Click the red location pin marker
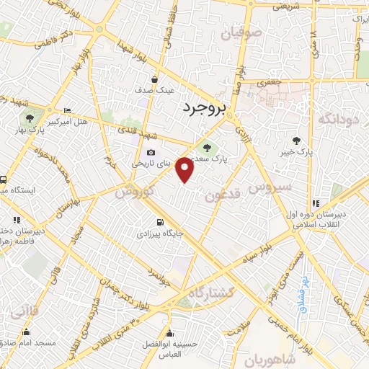(x=185, y=169)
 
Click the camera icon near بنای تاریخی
(x=151, y=152)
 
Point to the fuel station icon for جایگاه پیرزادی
(x=159, y=223)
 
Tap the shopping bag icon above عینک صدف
(x=155, y=79)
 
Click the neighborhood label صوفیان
(x=221, y=32)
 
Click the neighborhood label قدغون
(x=220, y=196)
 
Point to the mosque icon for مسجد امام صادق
(x=27, y=332)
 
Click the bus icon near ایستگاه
(x=4, y=179)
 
